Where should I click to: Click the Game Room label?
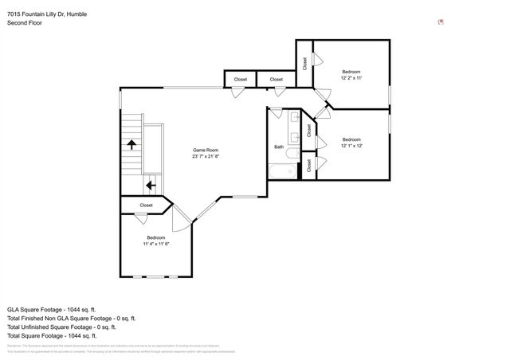point(206,150)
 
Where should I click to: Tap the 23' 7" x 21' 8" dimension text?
point(206,157)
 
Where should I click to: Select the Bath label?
point(279,147)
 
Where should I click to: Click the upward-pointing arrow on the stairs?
point(131,143)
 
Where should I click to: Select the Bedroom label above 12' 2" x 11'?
point(351,71)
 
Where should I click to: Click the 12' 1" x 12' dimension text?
point(351,146)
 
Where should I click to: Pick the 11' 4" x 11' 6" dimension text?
point(155,244)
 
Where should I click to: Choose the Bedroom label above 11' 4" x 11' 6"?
point(155,237)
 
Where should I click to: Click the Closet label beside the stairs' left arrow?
point(146,205)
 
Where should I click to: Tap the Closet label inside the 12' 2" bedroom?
point(304,63)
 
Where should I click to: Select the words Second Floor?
point(25,23)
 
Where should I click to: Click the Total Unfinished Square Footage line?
point(61,327)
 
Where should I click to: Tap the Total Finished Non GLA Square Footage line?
point(72,318)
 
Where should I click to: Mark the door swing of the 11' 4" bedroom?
point(182,219)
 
